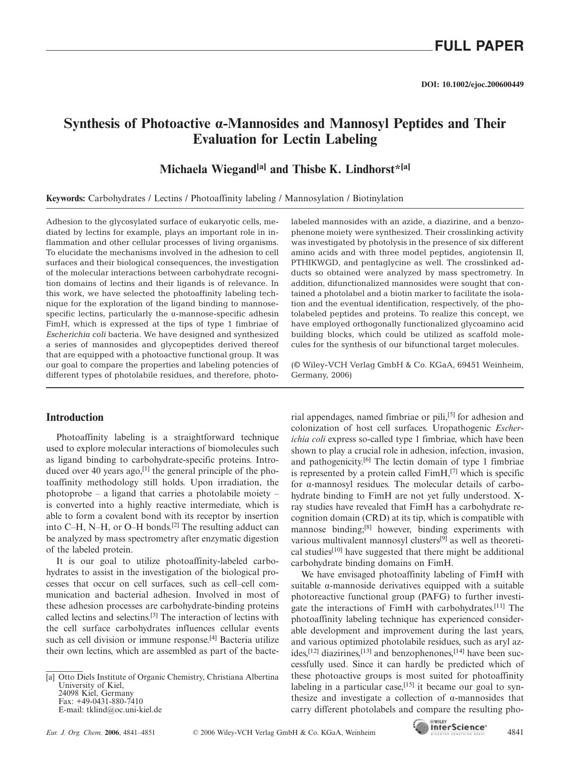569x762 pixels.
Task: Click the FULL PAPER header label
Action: tap(479, 46)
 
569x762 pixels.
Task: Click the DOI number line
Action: tap(472, 85)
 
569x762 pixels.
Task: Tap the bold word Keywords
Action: tap(65, 198)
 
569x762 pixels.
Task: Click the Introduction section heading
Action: tap(75, 418)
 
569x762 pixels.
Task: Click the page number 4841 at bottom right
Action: tap(515, 732)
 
